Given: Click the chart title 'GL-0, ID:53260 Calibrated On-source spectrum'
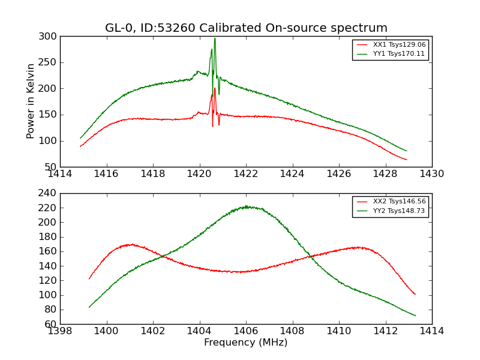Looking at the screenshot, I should coord(246,28).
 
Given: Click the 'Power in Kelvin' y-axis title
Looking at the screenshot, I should coord(31,101).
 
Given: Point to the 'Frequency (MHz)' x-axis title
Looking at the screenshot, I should coord(246,343).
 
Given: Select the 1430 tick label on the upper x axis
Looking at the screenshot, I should coord(431,174).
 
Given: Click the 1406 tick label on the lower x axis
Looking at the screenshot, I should coord(245,331).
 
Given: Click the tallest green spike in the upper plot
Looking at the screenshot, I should coord(215,39).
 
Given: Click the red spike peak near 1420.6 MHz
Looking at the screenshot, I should coord(215,88).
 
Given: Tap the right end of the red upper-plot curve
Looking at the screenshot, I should coord(407,160).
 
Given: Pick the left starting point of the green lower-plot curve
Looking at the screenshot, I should coord(89,307).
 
